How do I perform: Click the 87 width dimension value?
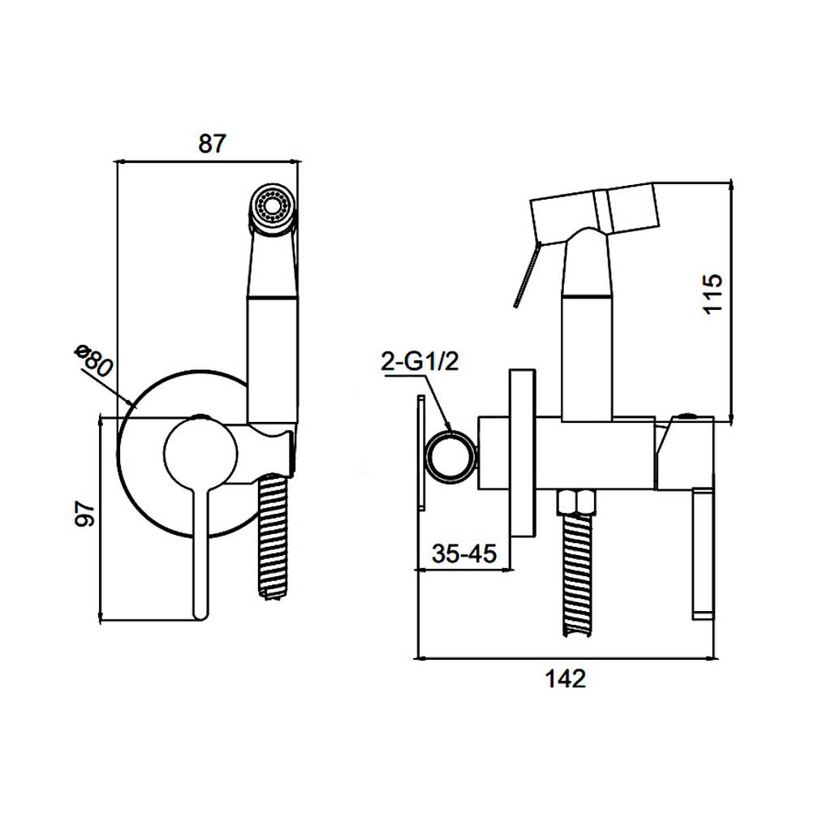pyautogui.click(x=212, y=144)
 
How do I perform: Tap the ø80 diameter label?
pyautogui.click(x=94, y=360)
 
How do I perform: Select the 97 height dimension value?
pyautogui.click(x=84, y=513)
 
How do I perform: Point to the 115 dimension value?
pyautogui.click(x=713, y=294)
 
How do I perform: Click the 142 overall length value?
pyautogui.click(x=566, y=679)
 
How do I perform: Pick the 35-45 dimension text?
pyautogui.click(x=464, y=553)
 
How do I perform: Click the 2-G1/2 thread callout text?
pyautogui.click(x=420, y=362)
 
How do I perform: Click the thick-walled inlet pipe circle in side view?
pyautogui.click(x=450, y=458)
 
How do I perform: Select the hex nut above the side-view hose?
pyautogui.click(x=577, y=501)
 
